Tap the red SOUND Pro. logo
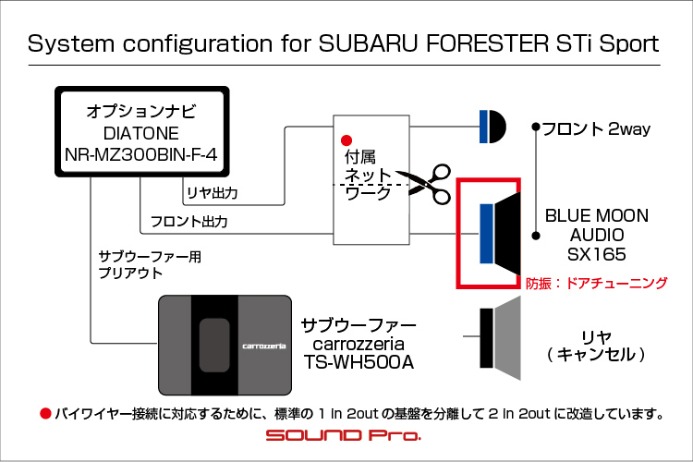coord(344,435)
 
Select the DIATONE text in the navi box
coord(141,133)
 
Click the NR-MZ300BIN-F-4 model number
coord(141,154)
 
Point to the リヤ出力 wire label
coord(213,193)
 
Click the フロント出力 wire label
coord(189,221)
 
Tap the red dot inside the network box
coord(346,140)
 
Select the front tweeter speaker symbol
coord(492,127)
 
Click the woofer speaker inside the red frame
coord(500,233)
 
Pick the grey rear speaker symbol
coord(500,338)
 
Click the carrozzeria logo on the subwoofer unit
coord(264,346)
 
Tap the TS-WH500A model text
coord(359,362)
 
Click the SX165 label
coord(597,254)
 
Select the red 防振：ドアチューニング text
coord(596,283)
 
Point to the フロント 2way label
coord(596,129)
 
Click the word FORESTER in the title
coord(487,43)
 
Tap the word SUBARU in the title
coord(368,43)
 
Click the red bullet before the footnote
coord(45,414)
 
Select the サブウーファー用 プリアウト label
coord(150,265)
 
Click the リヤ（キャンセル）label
coord(596,346)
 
